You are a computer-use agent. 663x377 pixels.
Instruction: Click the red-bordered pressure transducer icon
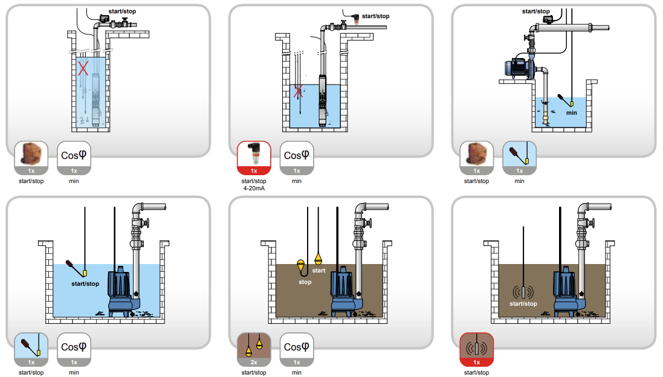pyautogui.click(x=254, y=158)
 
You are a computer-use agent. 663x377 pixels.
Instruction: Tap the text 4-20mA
pyautogui.click(x=254, y=188)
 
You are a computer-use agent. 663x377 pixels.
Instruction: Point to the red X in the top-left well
pyautogui.click(x=83, y=68)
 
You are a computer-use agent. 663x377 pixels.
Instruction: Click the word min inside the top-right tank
pyautogui.click(x=571, y=113)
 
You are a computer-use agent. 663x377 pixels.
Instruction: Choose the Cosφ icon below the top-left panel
pyautogui.click(x=74, y=158)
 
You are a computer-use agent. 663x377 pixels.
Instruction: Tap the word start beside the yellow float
pyautogui.click(x=319, y=271)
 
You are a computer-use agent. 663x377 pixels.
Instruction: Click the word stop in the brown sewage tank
pyautogui.click(x=305, y=282)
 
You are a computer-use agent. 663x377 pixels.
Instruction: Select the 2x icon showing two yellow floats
pyautogui.click(x=254, y=349)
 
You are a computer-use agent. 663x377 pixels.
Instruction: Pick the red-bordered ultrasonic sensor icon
pyautogui.click(x=476, y=349)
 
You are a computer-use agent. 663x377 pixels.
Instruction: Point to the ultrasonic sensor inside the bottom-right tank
pyautogui.click(x=523, y=292)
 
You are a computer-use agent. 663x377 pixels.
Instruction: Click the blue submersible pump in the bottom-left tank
pyautogui.click(x=122, y=291)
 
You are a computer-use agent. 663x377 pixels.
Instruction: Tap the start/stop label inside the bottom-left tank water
pyautogui.click(x=85, y=283)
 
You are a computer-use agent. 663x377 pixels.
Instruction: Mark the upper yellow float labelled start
pyautogui.click(x=318, y=259)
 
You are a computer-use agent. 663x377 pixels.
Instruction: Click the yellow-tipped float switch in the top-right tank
pyautogui.click(x=565, y=100)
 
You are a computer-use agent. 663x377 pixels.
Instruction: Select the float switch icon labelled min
pyautogui.click(x=519, y=158)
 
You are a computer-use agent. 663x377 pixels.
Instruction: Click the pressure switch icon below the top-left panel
pyautogui.click(x=31, y=158)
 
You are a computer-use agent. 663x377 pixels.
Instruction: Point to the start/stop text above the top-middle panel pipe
pyautogui.click(x=375, y=16)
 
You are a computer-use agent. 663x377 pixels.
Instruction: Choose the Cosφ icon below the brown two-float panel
pyautogui.click(x=297, y=349)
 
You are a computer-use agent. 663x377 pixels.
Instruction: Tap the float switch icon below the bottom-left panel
pyautogui.click(x=31, y=349)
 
